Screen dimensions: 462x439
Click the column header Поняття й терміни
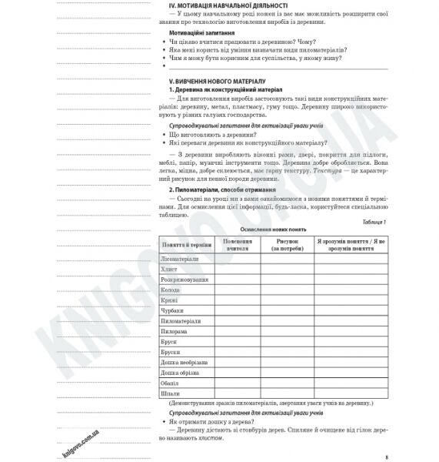pos(186,243)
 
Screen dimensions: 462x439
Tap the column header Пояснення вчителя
pos(237,243)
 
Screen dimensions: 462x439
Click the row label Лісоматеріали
pos(180,259)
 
